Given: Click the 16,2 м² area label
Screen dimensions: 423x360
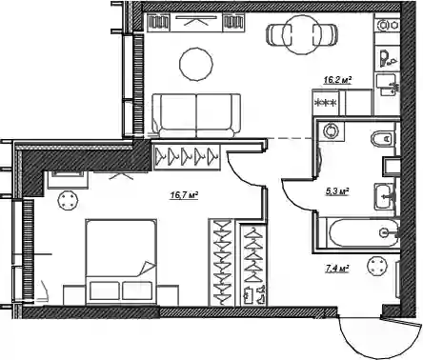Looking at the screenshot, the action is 337,80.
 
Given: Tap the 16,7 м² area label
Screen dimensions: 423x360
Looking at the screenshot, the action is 184,195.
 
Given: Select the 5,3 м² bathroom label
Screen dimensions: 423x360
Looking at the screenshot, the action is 337,191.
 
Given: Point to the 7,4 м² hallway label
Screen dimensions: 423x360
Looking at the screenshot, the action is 337,270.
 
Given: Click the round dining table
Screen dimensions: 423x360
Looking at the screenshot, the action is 301,35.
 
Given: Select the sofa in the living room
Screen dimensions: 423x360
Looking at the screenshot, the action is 196,115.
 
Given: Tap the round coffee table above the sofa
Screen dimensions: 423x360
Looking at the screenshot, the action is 196,65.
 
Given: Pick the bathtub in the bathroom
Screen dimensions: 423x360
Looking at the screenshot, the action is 364,233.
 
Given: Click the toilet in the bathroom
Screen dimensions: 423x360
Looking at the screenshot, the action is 382,139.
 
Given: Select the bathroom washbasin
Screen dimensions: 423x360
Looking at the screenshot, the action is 385,196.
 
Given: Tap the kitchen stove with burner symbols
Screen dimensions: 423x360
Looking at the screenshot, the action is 326,103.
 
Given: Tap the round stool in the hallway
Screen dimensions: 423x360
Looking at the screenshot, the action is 376,267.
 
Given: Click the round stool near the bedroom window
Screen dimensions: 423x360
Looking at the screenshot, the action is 68,200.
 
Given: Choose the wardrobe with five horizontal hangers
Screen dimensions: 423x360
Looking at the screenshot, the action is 187,157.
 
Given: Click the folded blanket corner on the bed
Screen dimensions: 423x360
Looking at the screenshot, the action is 147,269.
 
